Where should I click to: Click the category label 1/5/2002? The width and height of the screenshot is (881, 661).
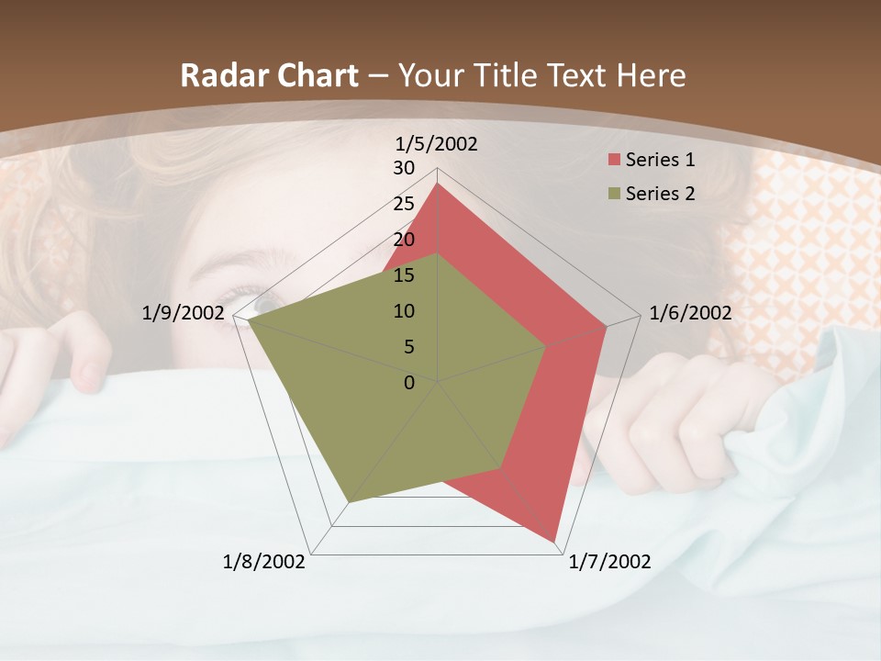(436, 143)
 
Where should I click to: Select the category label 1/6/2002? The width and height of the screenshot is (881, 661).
(690, 313)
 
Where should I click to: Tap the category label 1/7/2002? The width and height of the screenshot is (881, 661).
(610, 562)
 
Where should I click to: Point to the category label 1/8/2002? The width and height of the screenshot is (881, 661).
(264, 562)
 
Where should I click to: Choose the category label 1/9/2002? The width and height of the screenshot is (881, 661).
(183, 313)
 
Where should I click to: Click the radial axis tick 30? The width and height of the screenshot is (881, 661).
(404, 168)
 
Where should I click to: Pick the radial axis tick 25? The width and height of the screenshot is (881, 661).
(404, 204)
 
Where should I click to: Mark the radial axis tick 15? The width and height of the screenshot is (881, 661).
(404, 275)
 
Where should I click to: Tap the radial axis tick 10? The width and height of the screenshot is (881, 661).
(404, 311)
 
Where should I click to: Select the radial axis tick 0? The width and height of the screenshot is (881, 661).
(409, 383)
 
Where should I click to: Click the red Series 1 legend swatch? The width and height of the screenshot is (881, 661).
(613, 160)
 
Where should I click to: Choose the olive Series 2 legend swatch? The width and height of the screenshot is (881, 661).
(613, 194)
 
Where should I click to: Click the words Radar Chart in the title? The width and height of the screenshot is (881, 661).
(269, 76)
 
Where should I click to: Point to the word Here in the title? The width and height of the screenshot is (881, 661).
(652, 76)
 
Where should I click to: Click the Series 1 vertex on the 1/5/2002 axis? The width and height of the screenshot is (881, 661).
(438, 184)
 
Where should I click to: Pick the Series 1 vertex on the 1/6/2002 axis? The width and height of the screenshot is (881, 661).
(607, 327)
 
